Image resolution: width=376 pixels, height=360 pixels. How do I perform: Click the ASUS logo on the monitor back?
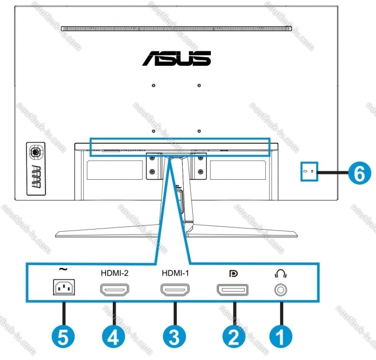pos(177,58)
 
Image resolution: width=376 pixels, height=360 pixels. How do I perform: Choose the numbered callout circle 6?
pos(360,173)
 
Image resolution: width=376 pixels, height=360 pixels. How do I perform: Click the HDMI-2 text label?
pos(114,273)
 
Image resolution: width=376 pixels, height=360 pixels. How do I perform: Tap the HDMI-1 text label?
pos(175,273)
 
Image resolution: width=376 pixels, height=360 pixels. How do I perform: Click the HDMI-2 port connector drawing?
pos(114,289)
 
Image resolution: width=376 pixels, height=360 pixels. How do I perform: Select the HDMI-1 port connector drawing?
pos(175,289)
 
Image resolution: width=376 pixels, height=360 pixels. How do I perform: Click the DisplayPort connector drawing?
pos(232,289)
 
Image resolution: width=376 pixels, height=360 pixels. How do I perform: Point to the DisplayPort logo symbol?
pos(233,274)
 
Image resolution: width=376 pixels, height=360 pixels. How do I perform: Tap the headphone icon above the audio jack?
pos(281,274)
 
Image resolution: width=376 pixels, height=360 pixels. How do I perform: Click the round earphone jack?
pos(281,290)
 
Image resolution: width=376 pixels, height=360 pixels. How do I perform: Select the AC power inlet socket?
pos(64,287)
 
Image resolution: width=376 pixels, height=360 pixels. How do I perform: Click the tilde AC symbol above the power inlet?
pos(63,269)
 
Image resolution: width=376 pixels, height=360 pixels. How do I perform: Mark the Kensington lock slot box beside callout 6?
pos(309,171)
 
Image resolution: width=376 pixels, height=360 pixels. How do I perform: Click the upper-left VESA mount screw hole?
pos(154,85)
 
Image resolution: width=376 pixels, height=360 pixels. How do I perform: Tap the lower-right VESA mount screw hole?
pos(199,131)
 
